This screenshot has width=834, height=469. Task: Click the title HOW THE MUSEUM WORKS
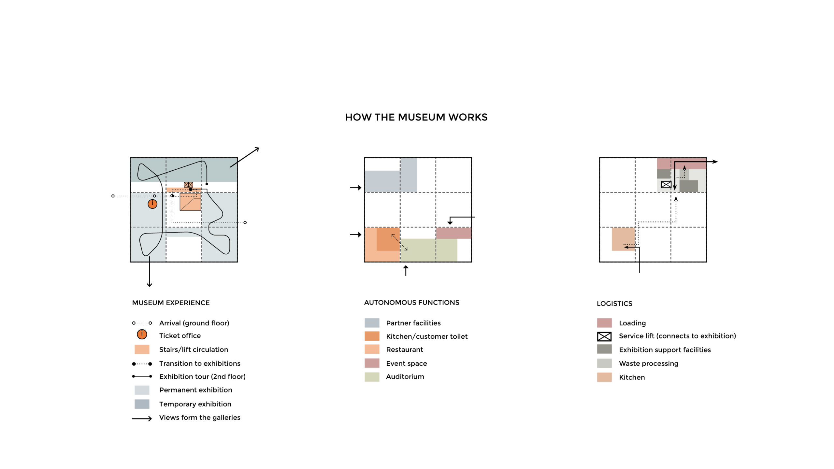pyautogui.click(x=416, y=117)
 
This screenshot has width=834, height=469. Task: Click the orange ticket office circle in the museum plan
pyautogui.click(x=152, y=204)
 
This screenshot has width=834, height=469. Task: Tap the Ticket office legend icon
pyautogui.click(x=142, y=334)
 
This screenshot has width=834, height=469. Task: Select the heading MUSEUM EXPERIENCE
pyautogui.click(x=171, y=303)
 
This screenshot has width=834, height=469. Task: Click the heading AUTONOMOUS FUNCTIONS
pyautogui.click(x=411, y=303)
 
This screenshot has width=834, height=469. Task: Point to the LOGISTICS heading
pyautogui.click(x=614, y=304)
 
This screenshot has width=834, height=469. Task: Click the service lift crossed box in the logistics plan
pyautogui.click(x=666, y=185)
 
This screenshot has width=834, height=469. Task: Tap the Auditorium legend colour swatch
pyautogui.click(x=372, y=377)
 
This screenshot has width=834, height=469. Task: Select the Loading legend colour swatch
pyautogui.click(x=604, y=323)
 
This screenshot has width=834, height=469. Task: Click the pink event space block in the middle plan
pyautogui.click(x=453, y=233)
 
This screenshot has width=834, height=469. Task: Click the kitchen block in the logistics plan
pyautogui.click(x=623, y=239)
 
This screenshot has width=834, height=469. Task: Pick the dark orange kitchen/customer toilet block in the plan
pyautogui.click(x=388, y=239)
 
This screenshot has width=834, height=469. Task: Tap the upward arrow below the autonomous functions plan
pyautogui.click(x=406, y=270)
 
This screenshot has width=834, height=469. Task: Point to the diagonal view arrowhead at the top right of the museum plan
pyautogui.click(x=256, y=149)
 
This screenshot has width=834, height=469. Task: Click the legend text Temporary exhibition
pyautogui.click(x=195, y=404)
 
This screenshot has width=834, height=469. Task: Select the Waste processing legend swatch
pyautogui.click(x=604, y=363)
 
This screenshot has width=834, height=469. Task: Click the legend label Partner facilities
pyautogui.click(x=413, y=323)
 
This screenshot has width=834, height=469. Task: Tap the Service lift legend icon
pyautogui.click(x=604, y=336)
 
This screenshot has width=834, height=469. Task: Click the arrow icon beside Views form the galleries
pyautogui.click(x=142, y=419)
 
